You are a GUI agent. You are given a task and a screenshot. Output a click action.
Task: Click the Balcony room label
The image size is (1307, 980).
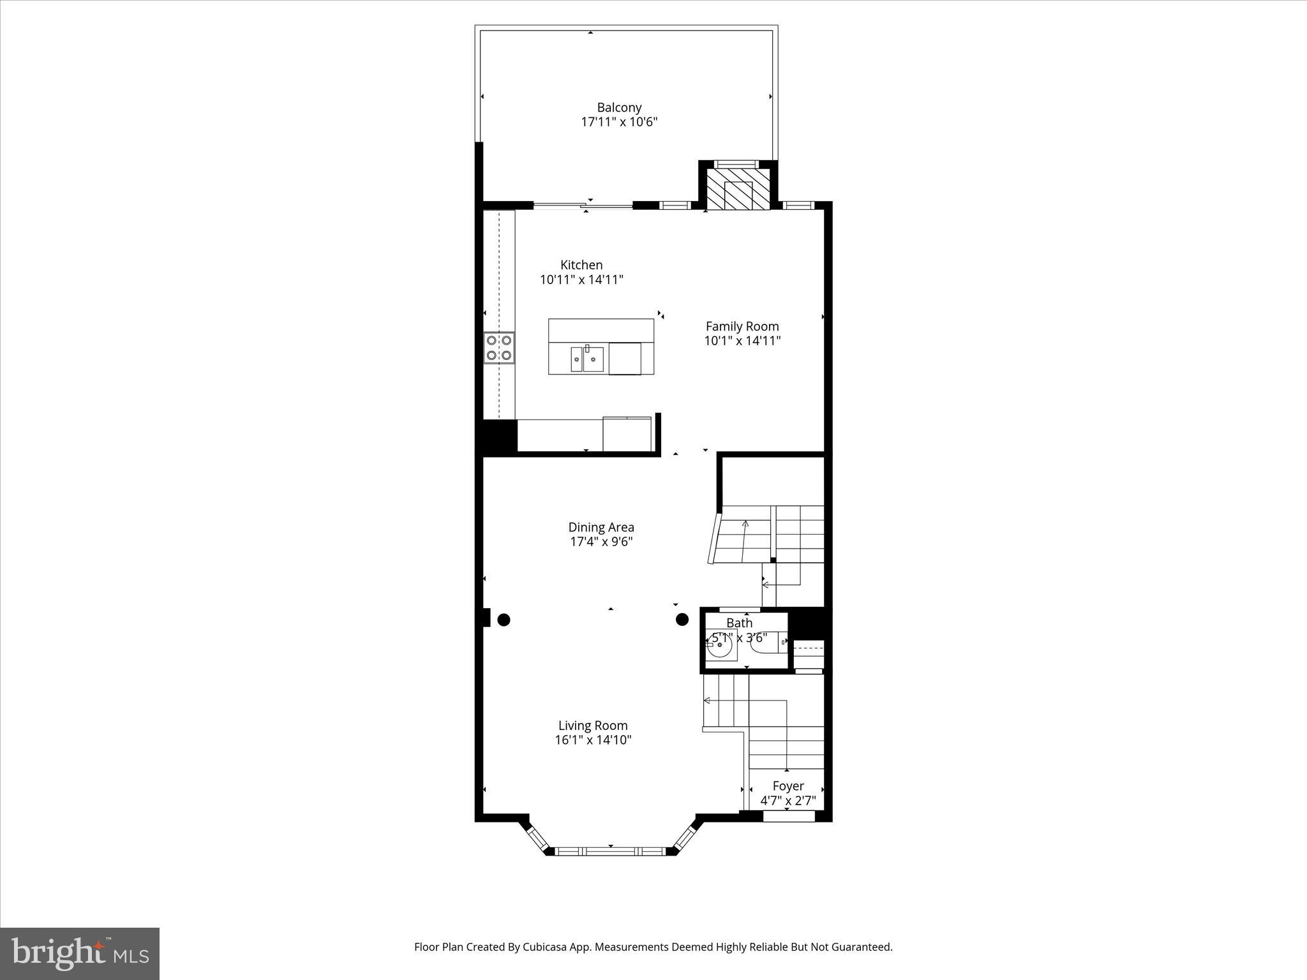618,107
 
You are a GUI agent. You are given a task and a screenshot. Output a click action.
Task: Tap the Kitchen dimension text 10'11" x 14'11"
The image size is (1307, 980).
581,279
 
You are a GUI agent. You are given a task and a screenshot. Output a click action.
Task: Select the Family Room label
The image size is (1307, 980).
742,326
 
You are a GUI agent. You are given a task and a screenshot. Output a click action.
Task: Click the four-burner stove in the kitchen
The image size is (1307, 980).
499,348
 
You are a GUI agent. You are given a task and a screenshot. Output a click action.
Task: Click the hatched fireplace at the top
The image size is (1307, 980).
738,188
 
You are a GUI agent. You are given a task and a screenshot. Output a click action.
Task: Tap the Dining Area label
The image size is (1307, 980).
601,527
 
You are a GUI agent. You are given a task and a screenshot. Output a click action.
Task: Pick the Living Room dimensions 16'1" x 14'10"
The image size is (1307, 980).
593,740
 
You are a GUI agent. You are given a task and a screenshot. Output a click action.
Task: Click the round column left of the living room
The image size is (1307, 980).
504,620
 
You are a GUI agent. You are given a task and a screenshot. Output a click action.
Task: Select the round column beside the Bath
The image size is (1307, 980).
682,619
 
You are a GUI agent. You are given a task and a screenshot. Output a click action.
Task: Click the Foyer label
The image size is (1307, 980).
788,786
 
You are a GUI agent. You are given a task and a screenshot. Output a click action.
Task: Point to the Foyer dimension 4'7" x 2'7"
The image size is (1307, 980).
788,801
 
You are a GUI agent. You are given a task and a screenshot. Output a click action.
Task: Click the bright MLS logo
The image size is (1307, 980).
80,953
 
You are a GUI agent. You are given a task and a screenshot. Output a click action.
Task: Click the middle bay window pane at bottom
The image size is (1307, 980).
610,850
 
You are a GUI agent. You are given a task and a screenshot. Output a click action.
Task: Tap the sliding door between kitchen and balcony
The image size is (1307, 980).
583,205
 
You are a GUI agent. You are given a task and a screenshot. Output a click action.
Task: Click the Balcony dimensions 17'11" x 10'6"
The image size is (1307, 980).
618,122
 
